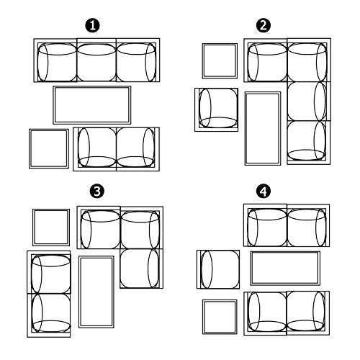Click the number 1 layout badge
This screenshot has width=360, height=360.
point(93,26)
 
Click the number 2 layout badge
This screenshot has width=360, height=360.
point(264,26)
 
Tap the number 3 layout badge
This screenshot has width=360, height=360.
point(96,192)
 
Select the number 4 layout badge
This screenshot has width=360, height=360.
point(264,192)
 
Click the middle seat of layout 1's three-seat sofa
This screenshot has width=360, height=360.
point(96,60)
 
